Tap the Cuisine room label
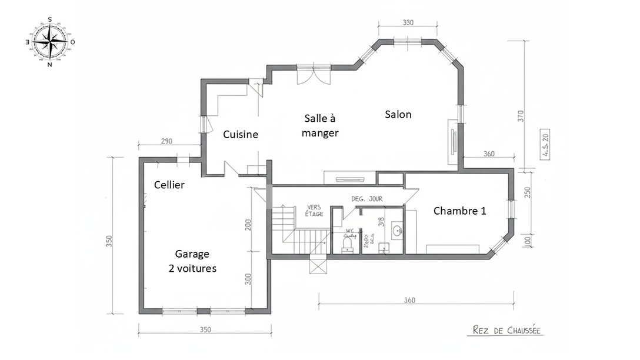(x=241, y=135)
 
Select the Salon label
(x=398, y=115)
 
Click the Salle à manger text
(x=320, y=125)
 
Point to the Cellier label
(x=169, y=185)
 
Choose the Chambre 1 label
(x=459, y=211)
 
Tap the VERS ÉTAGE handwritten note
(x=314, y=211)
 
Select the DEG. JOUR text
(x=367, y=199)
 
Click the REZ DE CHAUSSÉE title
(x=506, y=331)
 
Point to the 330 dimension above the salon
(x=408, y=23)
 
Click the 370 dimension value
(x=520, y=116)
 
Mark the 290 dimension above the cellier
(x=166, y=142)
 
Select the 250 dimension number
(x=527, y=192)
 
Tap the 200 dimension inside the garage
(x=248, y=224)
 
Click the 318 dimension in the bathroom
(x=381, y=222)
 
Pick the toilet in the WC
(x=348, y=242)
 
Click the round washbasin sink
(x=397, y=230)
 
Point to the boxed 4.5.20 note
(x=545, y=145)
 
